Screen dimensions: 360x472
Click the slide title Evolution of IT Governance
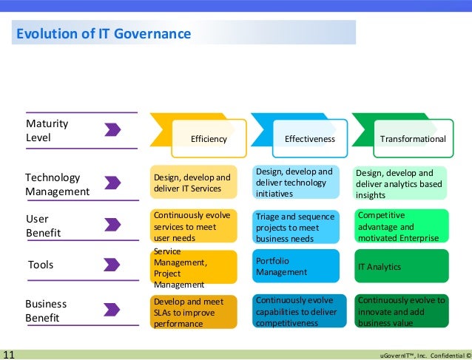tap(104, 34)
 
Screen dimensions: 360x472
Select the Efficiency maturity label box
tap(208, 139)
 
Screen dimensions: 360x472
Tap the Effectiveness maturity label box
tap(309, 139)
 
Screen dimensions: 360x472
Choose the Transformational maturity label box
tap(412, 139)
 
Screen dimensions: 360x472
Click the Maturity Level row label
tap(47, 130)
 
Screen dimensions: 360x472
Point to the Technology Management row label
tap(58, 185)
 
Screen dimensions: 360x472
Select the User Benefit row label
tap(43, 226)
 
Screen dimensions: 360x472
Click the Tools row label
tap(41, 265)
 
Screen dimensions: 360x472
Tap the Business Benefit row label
tap(46, 310)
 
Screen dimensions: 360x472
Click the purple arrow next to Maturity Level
tap(112, 130)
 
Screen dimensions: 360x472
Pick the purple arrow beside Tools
tap(112, 265)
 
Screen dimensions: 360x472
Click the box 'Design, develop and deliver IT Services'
tap(193, 183)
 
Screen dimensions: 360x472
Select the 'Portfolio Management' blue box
tap(297, 267)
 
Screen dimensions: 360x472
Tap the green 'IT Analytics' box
tap(401, 267)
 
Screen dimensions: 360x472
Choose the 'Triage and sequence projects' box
tap(297, 227)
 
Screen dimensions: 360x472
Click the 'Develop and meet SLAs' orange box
tap(193, 312)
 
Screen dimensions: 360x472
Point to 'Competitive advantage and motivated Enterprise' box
tap(401, 226)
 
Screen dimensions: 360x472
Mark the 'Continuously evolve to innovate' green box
tap(401, 311)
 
